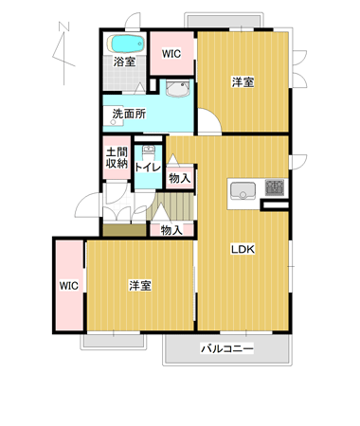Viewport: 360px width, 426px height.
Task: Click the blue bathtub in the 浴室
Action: (x=126, y=44)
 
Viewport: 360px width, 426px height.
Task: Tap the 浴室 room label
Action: (x=124, y=62)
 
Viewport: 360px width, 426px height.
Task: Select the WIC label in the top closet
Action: (x=171, y=54)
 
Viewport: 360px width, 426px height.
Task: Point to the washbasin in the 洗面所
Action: (x=178, y=88)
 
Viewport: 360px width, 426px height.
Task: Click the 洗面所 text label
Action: (x=129, y=114)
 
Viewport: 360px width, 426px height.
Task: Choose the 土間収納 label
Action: (x=117, y=158)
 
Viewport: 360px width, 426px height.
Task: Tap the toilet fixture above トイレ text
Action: (x=148, y=153)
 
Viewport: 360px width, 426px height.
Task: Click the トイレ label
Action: (x=148, y=168)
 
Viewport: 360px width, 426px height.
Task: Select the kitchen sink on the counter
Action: (x=243, y=191)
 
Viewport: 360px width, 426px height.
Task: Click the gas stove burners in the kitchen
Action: (x=275, y=187)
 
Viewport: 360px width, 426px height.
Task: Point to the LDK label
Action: (x=243, y=249)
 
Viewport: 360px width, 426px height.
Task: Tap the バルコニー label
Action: (x=227, y=348)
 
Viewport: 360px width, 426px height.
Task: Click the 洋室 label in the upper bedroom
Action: (x=243, y=82)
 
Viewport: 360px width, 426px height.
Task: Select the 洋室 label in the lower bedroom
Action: (x=140, y=285)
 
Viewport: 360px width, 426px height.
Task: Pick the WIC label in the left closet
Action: (x=69, y=286)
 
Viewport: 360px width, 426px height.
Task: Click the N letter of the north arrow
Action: (x=64, y=27)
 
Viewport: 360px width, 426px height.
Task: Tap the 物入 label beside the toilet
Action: (x=180, y=178)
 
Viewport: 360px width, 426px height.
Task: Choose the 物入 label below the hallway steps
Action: (x=171, y=230)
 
